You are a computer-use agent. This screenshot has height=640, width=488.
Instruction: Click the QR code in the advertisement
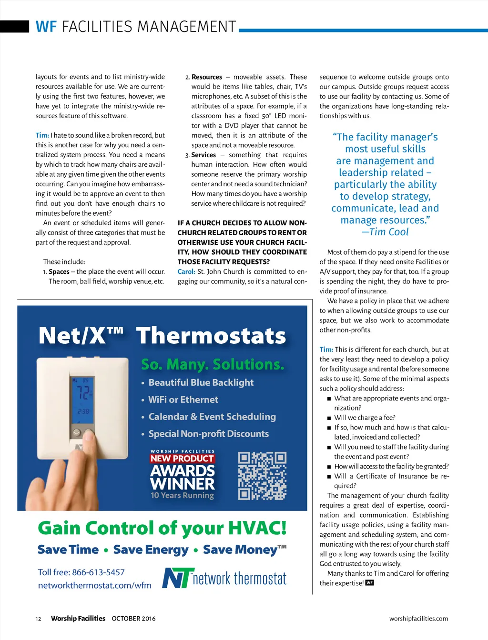(x=262, y=476)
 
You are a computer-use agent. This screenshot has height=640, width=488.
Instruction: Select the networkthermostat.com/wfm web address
(x=95, y=585)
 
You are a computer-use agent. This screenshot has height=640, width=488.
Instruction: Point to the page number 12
(x=38, y=619)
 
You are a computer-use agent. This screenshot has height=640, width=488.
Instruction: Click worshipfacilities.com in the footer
(x=418, y=619)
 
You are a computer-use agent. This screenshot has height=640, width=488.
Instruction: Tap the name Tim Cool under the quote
(x=388, y=232)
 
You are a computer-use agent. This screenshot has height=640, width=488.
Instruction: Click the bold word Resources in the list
(x=207, y=77)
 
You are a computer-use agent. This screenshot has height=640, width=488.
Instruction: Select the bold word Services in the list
(x=203, y=155)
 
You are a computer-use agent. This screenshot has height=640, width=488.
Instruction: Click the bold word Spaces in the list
(x=59, y=271)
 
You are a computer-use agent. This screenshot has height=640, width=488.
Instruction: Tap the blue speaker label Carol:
(x=186, y=271)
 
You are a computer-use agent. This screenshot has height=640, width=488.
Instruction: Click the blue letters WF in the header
(x=46, y=27)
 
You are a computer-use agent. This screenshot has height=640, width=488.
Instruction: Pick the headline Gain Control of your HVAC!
(x=162, y=528)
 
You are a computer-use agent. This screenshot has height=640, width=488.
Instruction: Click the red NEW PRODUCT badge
(x=182, y=459)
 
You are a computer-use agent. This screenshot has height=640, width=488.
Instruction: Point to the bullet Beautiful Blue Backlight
(x=201, y=382)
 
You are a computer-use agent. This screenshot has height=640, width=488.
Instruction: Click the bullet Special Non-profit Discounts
(x=208, y=434)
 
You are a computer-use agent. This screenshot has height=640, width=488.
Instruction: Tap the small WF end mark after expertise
(x=369, y=582)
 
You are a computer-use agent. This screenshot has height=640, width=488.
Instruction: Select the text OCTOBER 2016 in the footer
(x=133, y=619)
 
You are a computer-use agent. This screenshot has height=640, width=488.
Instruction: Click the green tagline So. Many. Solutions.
(x=213, y=364)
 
